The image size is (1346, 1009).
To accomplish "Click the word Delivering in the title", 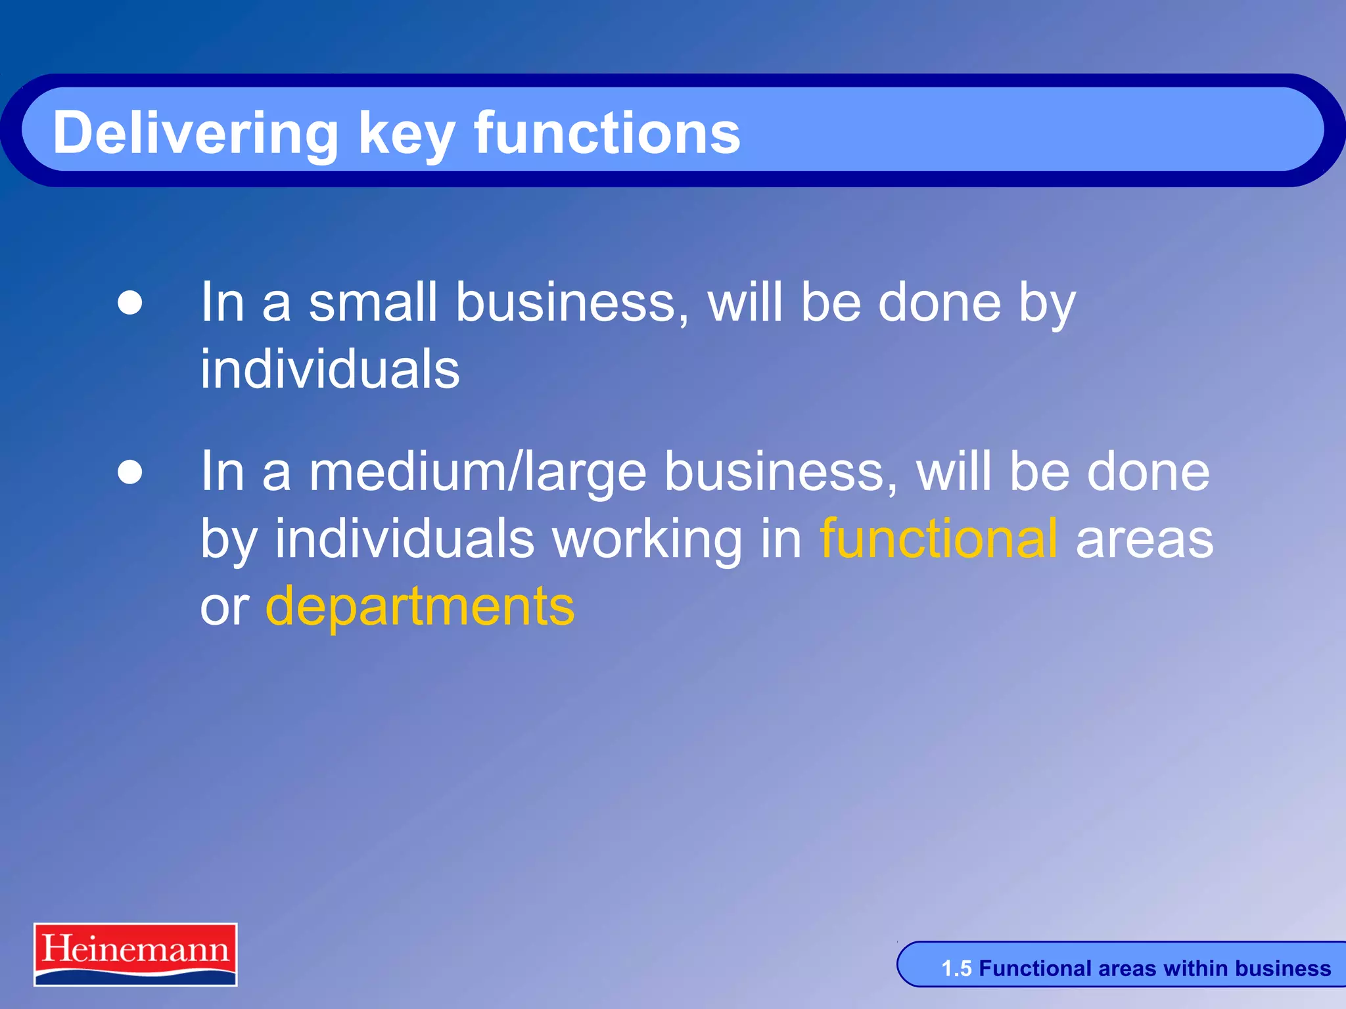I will (195, 134).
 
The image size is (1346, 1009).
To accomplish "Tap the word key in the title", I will (406, 134).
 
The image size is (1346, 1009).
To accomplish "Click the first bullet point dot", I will (130, 303).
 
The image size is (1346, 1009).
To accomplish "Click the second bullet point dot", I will (130, 472).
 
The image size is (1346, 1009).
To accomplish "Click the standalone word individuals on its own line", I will (330, 369).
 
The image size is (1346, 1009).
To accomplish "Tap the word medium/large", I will (478, 473).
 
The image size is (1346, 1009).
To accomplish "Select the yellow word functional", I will (939, 539).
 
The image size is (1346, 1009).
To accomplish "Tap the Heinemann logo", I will (135, 954).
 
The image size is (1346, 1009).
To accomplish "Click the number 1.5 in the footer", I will (956, 968).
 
